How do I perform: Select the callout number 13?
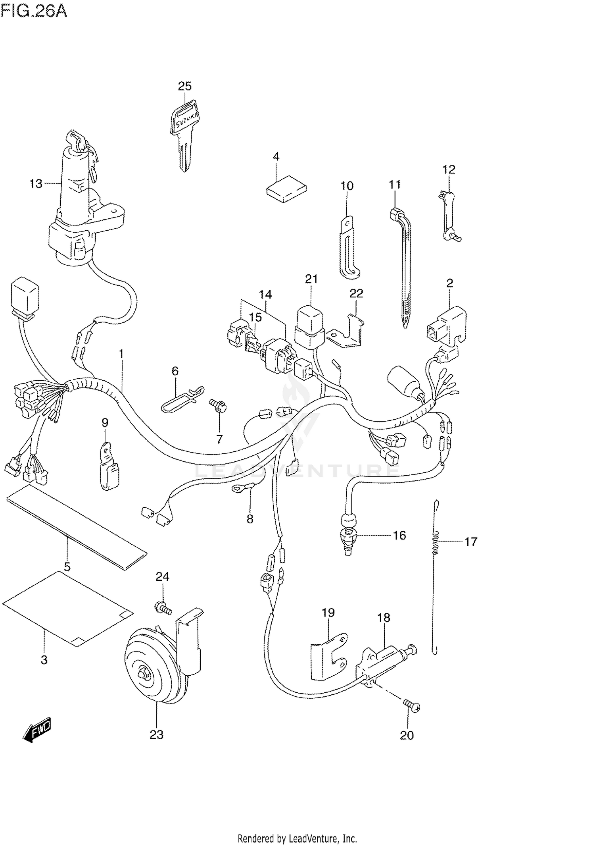[x=36, y=184]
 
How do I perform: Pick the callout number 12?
[x=449, y=170]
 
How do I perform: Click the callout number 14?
[x=265, y=295]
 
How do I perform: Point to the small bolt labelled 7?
[x=219, y=406]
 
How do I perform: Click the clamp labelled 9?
[x=108, y=466]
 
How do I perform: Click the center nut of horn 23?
[x=144, y=674]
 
